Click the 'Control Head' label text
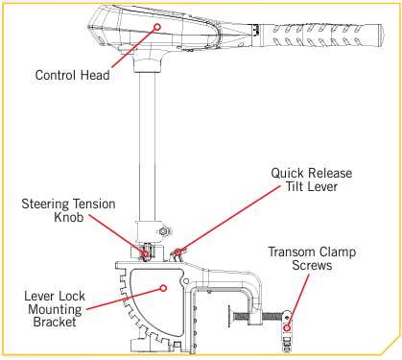[72, 75]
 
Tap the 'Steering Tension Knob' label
[68, 210]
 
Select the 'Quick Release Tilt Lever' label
[312, 180]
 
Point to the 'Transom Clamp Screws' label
[312, 258]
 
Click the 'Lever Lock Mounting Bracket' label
[55, 309]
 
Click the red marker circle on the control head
[157, 27]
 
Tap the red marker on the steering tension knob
[146, 254]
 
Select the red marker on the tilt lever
[178, 252]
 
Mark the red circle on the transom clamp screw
[287, 328]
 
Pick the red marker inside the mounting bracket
[163, 288]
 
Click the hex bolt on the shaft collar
[163, 231]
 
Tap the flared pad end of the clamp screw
[231, 317]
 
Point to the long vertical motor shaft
[147, 146]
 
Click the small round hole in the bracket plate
[185, 280]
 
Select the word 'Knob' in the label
[69, 217]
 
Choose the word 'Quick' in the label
[287, 173]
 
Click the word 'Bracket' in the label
[55, 322]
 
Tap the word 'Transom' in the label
[290, 252]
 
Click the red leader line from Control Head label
[133, 48]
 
